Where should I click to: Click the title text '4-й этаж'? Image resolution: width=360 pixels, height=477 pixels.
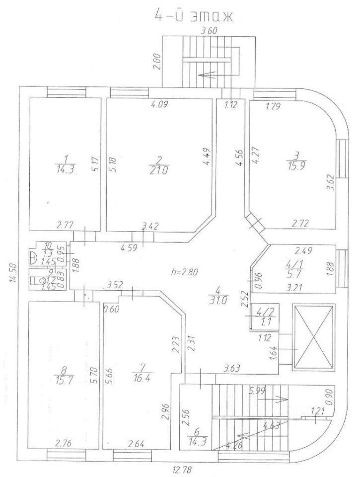coord(193,15)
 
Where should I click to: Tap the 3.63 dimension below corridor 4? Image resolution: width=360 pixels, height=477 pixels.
coord(233,368)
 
